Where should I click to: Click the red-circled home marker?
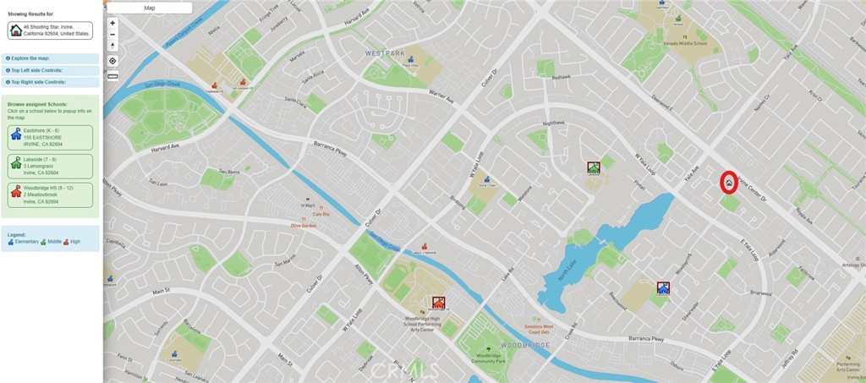[x=728, y=182]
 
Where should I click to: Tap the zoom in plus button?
[x=112, y=23]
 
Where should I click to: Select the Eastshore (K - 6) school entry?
[x=49, y=137]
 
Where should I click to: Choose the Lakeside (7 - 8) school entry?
[x=49, y=166]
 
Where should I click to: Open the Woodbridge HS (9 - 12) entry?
[x=49, y=194]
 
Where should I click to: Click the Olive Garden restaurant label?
[x=303, y=226]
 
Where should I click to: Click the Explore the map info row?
[x=51, y=58]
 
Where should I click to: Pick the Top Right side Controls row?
[x=51, y=82]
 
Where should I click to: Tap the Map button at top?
[x=150, y=8]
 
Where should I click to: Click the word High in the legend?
[x=75, y=242]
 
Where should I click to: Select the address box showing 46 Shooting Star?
[x=49, y=30]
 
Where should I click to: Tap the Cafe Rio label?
[x=320, y=214]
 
